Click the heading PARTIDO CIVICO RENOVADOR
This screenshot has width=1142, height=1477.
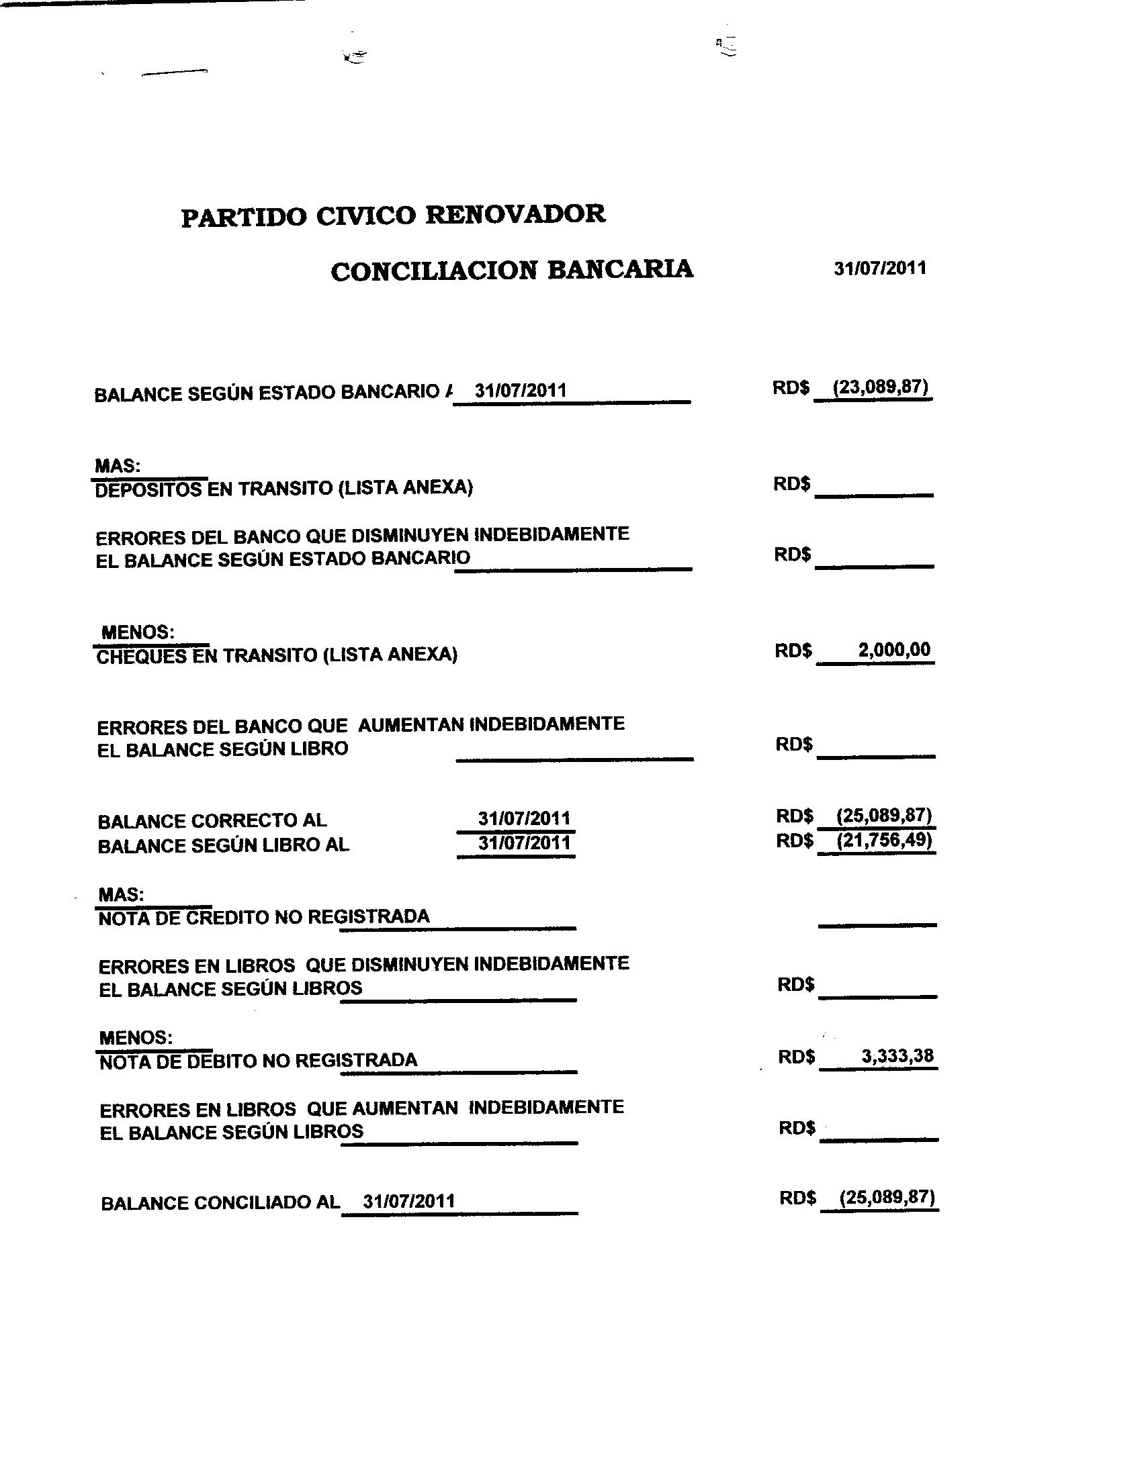(x=393, y=216)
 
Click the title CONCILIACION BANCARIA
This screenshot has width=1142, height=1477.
(x=511, y=270)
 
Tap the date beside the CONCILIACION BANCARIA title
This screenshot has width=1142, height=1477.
(x=879, y=269)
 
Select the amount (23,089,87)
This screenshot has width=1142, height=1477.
(x=880, y=388)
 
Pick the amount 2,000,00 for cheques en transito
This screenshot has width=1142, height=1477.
(x=893, y=650)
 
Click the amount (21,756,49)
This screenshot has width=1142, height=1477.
(x=884, y=841)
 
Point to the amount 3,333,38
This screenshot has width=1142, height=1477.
(x=897, y=1055)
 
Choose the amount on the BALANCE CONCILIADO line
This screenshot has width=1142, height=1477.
(x=886, y=1198)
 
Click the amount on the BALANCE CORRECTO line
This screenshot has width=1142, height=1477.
(x=884, y=815)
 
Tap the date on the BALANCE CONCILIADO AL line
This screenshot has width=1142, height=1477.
(x=408, y=1201)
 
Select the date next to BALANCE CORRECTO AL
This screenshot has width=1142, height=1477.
(x=525, y=818)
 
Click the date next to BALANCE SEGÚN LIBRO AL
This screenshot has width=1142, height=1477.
(x=525, y=843)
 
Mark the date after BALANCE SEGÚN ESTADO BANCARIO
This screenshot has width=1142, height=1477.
(x=520, y=391)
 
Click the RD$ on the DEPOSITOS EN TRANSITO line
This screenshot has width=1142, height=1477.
(x=791, y=484)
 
